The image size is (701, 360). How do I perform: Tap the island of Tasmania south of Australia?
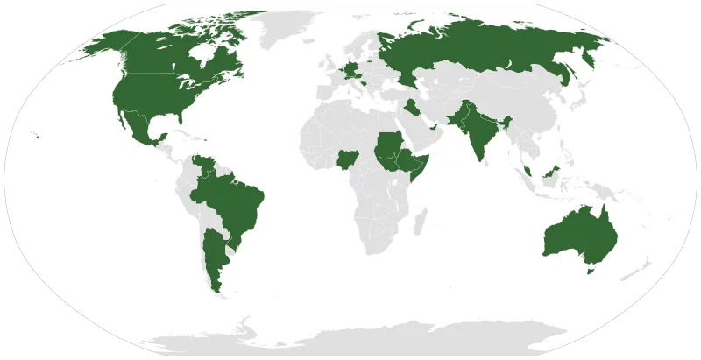(x=590, y=271)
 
